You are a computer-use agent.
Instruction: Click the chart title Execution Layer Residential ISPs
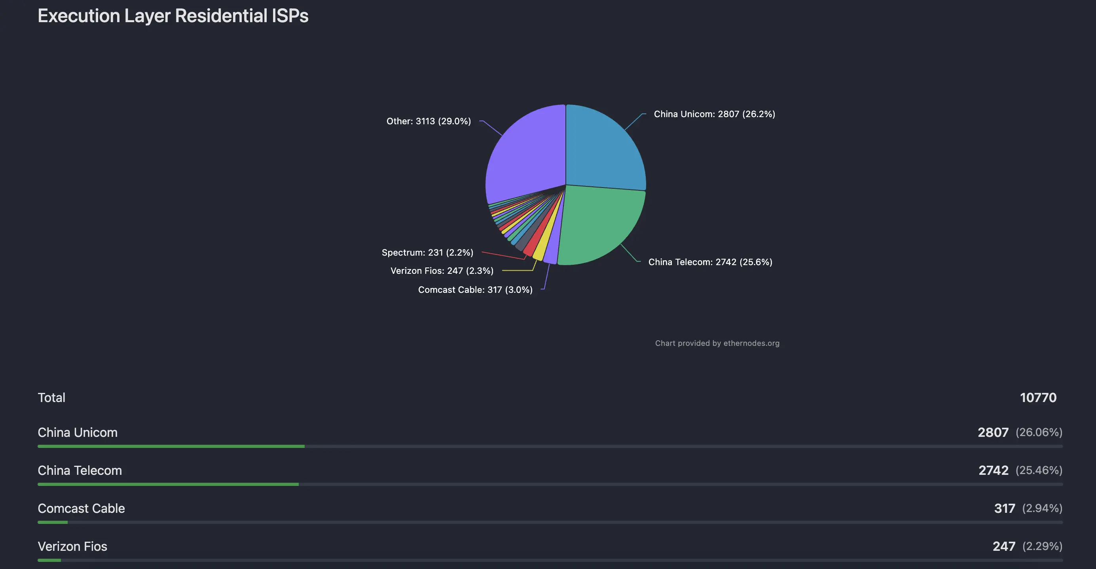[x=173, y=16]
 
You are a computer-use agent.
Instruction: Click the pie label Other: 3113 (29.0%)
[x=429, y=121]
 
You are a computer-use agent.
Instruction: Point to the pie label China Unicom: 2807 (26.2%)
[x=714, y=114]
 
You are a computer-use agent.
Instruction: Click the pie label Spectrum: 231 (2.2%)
[x=427, y=253]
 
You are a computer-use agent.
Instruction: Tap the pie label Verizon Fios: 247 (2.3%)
[x=442, y=271]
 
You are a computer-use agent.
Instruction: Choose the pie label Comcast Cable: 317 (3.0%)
[x=475, y=290]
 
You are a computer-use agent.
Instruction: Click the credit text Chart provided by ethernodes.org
[x=717, y=343]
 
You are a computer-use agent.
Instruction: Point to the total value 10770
[x=1038, y=398]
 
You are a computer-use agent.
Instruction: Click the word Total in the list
[x=51, y=398]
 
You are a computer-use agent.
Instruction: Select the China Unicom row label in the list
[x=78, y=433]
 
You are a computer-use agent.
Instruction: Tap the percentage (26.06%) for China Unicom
[x=1039, y=432]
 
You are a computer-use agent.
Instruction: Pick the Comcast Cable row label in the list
[x=81, y=508]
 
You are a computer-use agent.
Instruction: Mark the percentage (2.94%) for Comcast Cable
[x=1042, y=508]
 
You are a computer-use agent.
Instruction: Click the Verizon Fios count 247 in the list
[x=1004, y=546]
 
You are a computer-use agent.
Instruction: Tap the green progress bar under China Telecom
[x=168, y=484]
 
